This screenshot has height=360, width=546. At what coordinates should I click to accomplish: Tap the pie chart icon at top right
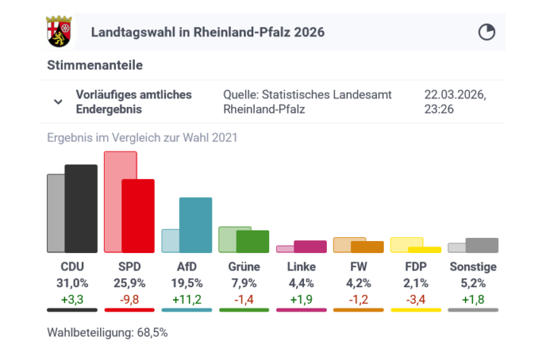pos(486,32)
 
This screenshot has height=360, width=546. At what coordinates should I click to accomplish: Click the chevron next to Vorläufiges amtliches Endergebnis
pos(58,102)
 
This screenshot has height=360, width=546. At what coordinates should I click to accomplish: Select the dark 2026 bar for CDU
pos(81,208)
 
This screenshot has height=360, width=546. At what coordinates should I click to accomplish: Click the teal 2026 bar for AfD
pos(195,225)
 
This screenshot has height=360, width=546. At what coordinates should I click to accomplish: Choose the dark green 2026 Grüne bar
pos(253,241)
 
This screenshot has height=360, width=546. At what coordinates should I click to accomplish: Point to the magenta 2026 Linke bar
pos(310,246)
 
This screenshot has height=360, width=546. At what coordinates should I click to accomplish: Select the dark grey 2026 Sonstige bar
pos(482,245)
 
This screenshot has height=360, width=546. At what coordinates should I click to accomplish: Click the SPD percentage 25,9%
pos(136,283)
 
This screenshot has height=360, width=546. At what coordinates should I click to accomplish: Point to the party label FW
pos(359,267)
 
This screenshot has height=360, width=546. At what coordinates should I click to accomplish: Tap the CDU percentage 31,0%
pos(73,283)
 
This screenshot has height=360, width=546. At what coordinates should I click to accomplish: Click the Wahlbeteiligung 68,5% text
pos(107,332)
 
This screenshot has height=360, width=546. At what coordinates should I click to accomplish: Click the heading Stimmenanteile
pos(95,65)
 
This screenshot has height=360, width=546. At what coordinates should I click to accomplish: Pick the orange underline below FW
pos(359,309)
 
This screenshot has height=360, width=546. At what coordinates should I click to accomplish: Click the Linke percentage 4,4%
pos(302,283)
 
